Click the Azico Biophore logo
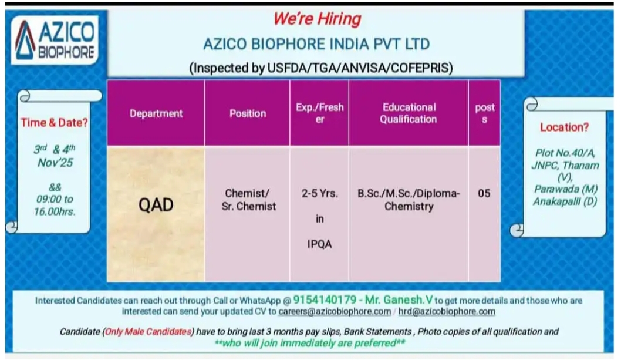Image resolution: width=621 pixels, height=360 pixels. (55, 39)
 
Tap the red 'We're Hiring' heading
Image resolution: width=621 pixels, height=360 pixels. (316, 19)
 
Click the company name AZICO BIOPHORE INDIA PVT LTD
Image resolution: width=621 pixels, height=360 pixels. (316, 44)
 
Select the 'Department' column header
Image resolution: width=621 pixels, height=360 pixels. (156, 113)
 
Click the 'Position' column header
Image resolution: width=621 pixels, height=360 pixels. (248, 113)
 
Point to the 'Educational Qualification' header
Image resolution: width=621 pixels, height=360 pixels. (409, 113)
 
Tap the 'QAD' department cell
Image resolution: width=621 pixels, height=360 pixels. (156, 206)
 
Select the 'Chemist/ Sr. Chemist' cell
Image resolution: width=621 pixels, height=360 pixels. (248, 200)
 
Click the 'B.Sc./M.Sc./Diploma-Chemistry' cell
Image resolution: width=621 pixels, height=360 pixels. (409, 200)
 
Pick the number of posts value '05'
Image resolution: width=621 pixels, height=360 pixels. (484, 193)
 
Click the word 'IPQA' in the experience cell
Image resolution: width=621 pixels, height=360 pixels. (319, 244)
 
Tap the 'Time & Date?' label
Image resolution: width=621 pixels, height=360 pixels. (55, 123)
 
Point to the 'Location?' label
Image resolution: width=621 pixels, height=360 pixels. (564, 127)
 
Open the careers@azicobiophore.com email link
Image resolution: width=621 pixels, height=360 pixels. (335, 311)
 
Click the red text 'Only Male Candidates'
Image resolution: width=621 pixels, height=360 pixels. (149, 332)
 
